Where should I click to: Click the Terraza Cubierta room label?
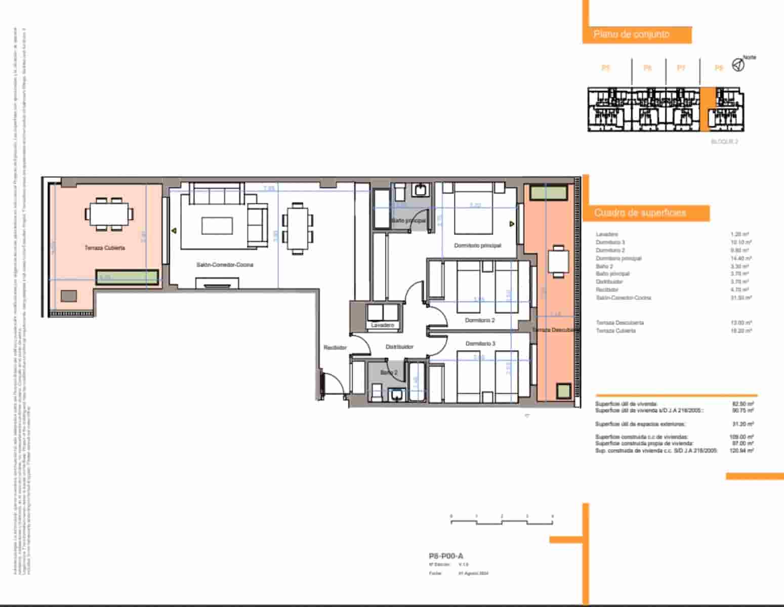tap(105, 248)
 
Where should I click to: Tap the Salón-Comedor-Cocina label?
tap(225, 265)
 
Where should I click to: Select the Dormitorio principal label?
tap(477, 245)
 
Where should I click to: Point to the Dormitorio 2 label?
tap(480, 320)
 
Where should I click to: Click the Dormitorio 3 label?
tap(480, 343)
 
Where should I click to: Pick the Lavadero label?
tap(382, 325)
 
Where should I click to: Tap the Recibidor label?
tap(335, 348)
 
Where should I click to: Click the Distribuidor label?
tap(399, 347)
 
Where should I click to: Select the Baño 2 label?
tap(389, 372)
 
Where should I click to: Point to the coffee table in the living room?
tap(217, 226)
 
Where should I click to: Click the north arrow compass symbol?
tap(738, 65)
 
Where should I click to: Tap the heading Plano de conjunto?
tap(631, 34)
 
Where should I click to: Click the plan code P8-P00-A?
tap(445, 556)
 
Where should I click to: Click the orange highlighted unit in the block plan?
tap(708, 109)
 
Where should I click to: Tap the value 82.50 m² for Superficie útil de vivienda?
tap(743, 404)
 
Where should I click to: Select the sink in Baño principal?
tap(420, 190)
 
